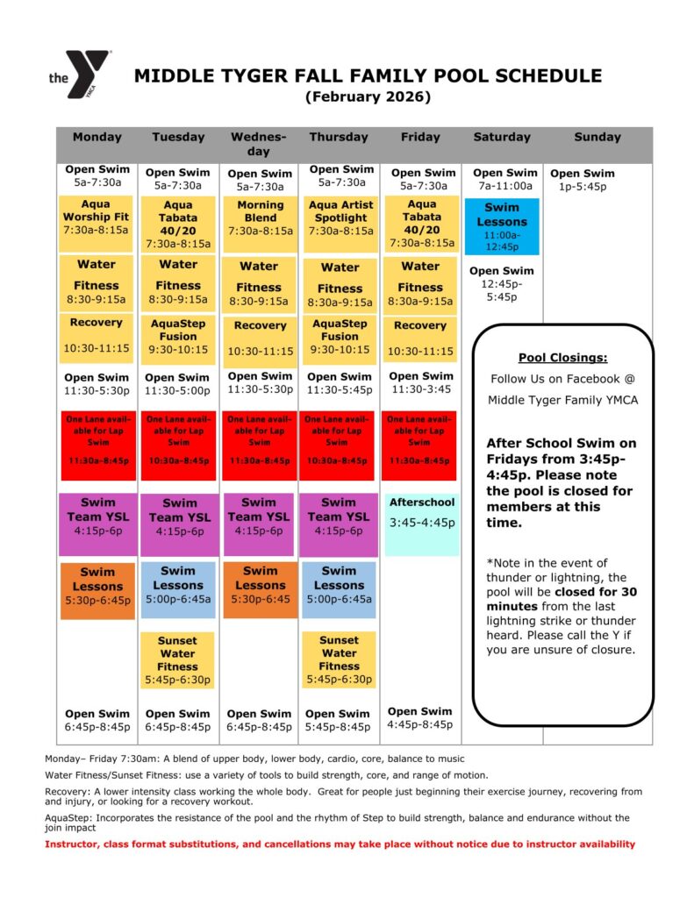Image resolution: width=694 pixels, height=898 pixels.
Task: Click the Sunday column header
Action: click(x=597, y=137)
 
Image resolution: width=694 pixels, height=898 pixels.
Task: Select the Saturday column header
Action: click(x=502, y=137)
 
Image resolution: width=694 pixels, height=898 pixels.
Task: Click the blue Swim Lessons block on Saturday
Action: click(x=502, y=226)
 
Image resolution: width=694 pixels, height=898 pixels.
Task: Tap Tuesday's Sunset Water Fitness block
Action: click(x=178, y=659)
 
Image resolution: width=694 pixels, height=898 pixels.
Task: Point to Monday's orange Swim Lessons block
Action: click(x=97, y=586)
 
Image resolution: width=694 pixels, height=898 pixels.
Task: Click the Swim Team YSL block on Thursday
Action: click(x=339, y=517)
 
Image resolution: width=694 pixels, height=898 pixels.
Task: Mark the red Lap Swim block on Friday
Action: click(x=420, y=443)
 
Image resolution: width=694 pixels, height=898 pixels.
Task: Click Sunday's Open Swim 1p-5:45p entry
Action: click(x=583, y=180)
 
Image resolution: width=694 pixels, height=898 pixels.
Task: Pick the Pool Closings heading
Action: click(x=562, y=358)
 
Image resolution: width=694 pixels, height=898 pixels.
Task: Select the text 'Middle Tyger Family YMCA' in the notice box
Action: click(x=563, y=400)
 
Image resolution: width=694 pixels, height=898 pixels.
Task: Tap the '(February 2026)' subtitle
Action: click(x=368, y=97)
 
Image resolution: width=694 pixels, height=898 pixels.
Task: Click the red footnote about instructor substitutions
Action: click(x=340, y=845)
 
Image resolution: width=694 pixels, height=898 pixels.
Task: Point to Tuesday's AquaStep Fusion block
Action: click(x=178, y=336)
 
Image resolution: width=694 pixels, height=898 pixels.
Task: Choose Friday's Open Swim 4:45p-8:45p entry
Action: click(x=420, y=717)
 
